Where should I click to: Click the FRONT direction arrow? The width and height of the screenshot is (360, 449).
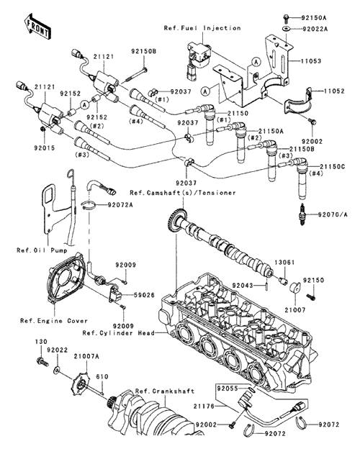point(37,26)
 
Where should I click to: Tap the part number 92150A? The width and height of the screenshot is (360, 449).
point(314,18)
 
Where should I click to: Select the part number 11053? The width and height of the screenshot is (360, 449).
point(311,61)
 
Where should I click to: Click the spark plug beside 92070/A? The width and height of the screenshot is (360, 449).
point(302,214)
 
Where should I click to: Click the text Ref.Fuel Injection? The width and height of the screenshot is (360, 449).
point(202,28)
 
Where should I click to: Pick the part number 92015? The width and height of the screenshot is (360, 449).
point(45,148)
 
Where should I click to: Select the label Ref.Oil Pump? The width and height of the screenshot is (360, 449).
point(42,250)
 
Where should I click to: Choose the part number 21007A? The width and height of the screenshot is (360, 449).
point(86,356)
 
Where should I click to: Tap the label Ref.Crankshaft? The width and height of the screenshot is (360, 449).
point(165,391)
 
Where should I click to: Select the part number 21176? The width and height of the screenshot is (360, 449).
point(204,406)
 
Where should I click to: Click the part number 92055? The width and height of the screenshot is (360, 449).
point(228,389)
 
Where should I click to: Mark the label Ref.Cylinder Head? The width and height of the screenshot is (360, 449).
point(119,333)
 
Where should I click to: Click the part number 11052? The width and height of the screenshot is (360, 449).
point(334,91)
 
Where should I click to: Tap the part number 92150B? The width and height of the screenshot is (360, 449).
point(144,52)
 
